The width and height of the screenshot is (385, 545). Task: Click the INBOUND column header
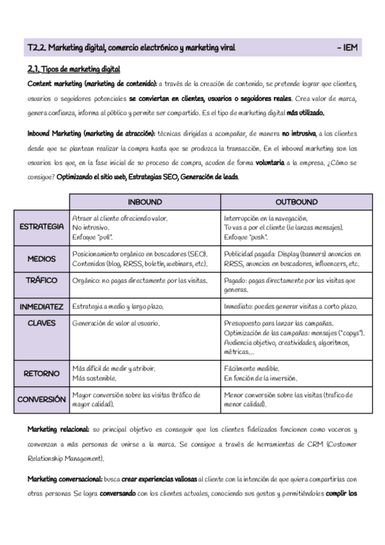click(x=145, y=202)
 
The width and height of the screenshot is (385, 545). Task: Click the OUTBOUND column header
click(x=296, y=202)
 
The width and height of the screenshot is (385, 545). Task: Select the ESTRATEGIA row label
click(x=42, y=227)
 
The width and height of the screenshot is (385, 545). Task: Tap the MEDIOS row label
click(x=42, y=259)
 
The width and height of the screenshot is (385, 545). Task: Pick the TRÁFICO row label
click(x=42, y=280)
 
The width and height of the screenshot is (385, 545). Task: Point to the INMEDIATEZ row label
click(x=42, y=307)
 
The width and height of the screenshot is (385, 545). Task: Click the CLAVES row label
click(x=42, y=323)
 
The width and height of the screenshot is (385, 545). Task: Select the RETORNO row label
click(x=42, y=373)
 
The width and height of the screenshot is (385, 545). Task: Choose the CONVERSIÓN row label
click(x=42, y=399)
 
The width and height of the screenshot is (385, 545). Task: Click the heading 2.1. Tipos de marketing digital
click(x=74, y=69)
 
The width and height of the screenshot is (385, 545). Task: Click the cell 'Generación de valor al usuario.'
click(x=116, y=323)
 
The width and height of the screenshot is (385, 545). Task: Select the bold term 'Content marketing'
click(x=55, y=84)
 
